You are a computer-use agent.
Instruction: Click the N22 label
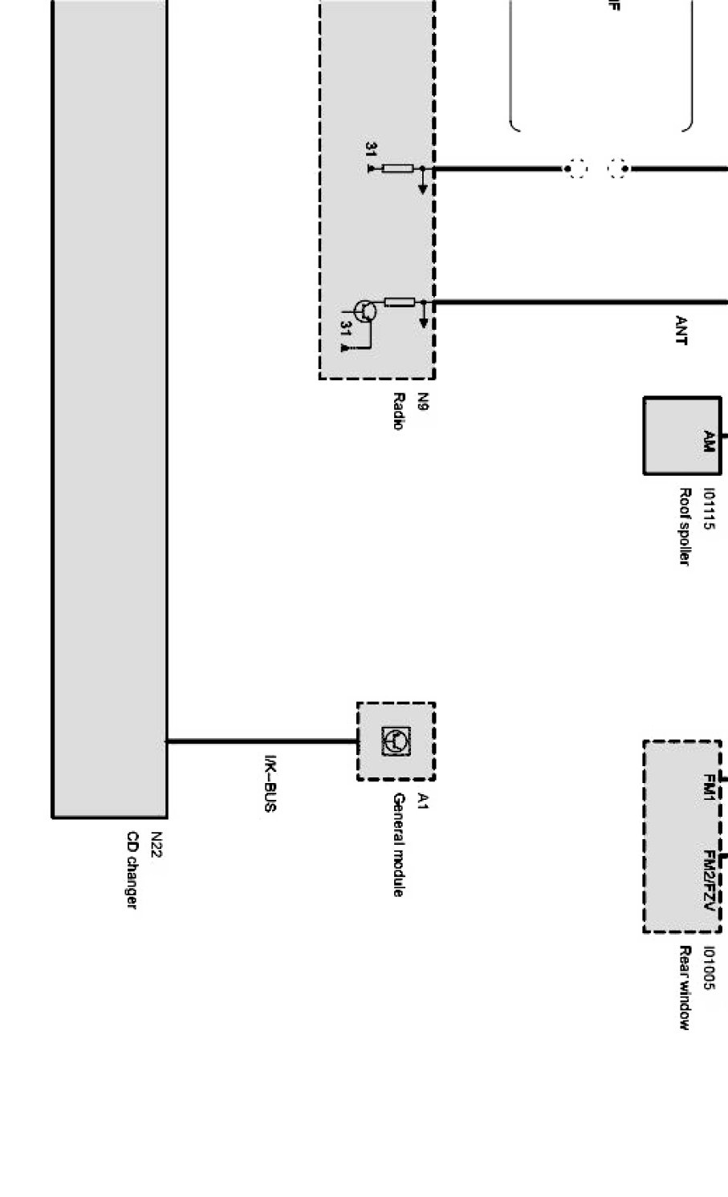pyautogui.click(x=156, y=846)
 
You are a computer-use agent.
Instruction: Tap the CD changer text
pyautogui.click(x=131, y=870)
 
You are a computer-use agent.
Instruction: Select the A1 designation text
pyautogui.click(x=424, y=801)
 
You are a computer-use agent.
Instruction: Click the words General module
pyautogui.click(x=398, y=844)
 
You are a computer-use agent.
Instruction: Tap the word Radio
pyautogui.click(x=397, y=411)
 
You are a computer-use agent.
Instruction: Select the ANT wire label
pyautogui.click(x=681, y=331)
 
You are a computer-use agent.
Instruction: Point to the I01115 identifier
pyautogui.click(x=708, y=509)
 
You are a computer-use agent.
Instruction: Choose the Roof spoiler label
pyautogui.click(x=685, y=525)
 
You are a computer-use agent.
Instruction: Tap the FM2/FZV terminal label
pyautogui.click(x=708, y=881)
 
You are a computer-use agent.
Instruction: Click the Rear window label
pyautogui.click(x=685, y=988)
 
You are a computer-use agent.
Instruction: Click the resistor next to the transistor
pyautogui.click(x=399, y=302)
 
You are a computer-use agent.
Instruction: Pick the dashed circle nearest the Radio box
pyautogui.click(x=575, y=168)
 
